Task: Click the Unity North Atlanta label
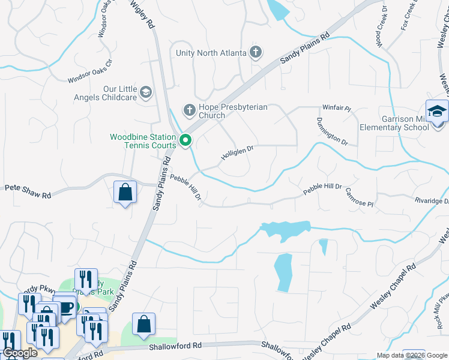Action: pyautogui.click(x=211, y=53)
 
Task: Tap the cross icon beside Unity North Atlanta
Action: pyautogui.click(x=256, y=52)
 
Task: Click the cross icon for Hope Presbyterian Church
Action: pyautogui.click(x=189, y=109)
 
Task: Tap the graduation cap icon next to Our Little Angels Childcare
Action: pyautogui.click(x=145, y=92)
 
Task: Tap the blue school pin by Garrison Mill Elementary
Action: pyautogui.click(x=437, y=112)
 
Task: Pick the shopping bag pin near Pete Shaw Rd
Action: pyautogui.click(x=125, y=193)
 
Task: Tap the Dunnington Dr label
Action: pyautogui.click(x=332, y=131)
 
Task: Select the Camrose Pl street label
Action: pyautogui.click(x=359, y=198)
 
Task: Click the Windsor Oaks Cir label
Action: pyautogui.click(x=90, y=71)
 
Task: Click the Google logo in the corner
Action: pyautogui.click(x=20, y=353)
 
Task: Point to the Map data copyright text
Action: pyautogui.click(x=412, y=355)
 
